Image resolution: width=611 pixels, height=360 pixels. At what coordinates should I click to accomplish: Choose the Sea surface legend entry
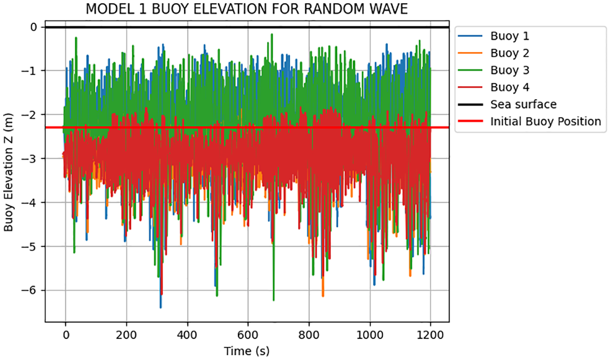(x=524, y=104)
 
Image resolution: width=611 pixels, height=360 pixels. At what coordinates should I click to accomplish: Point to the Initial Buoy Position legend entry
(x=546, y=122)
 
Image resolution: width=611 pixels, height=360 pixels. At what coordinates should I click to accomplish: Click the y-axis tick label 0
(x=35, y=27)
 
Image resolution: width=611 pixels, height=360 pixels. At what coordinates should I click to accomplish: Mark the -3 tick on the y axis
(x=33, y=158)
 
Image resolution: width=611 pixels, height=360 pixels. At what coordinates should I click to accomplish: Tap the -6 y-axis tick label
(x=33, y=290)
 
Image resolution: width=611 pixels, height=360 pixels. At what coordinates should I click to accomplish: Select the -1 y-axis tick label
(x=33, y=71)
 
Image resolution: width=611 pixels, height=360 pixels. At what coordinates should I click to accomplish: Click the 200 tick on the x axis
(x=126, y=335)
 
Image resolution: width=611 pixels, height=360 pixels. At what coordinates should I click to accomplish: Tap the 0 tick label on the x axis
(x=66, y=335)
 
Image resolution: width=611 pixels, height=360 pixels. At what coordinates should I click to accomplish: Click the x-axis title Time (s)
(x=247, y=351)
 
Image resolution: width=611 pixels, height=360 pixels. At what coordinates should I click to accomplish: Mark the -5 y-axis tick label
(x=33, y=246)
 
